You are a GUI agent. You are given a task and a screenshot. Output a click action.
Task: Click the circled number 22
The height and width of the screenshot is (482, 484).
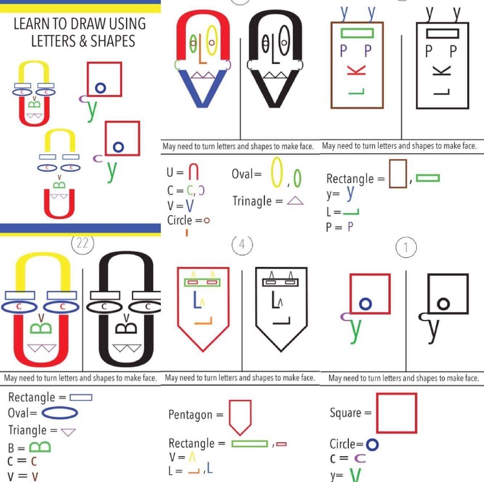coord(83,244)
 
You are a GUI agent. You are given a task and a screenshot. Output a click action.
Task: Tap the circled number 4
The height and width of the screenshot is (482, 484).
coord(242,245)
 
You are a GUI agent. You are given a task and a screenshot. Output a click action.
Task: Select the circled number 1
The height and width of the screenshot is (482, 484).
coord(406,247)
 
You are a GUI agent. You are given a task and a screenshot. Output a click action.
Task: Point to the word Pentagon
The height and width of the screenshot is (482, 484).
coord(191,415)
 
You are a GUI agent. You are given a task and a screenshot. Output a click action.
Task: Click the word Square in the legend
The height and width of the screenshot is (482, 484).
coord(346,413)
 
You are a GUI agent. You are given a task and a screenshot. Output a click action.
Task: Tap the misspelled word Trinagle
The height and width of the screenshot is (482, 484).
coord(252,201)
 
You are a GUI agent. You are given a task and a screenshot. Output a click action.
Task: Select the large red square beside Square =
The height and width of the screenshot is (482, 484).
coord(397,413)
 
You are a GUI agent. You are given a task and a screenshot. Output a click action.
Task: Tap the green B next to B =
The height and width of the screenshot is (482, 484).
coord(40,447)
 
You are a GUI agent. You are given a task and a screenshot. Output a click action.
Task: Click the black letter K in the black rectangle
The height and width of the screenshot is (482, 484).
coord(442,71)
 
